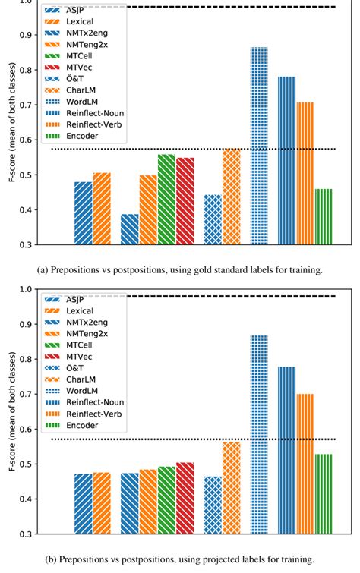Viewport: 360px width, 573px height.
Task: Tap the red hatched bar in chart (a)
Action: click(x=185, y=201)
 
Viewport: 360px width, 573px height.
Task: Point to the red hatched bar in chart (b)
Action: click(x=185, y=497)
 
